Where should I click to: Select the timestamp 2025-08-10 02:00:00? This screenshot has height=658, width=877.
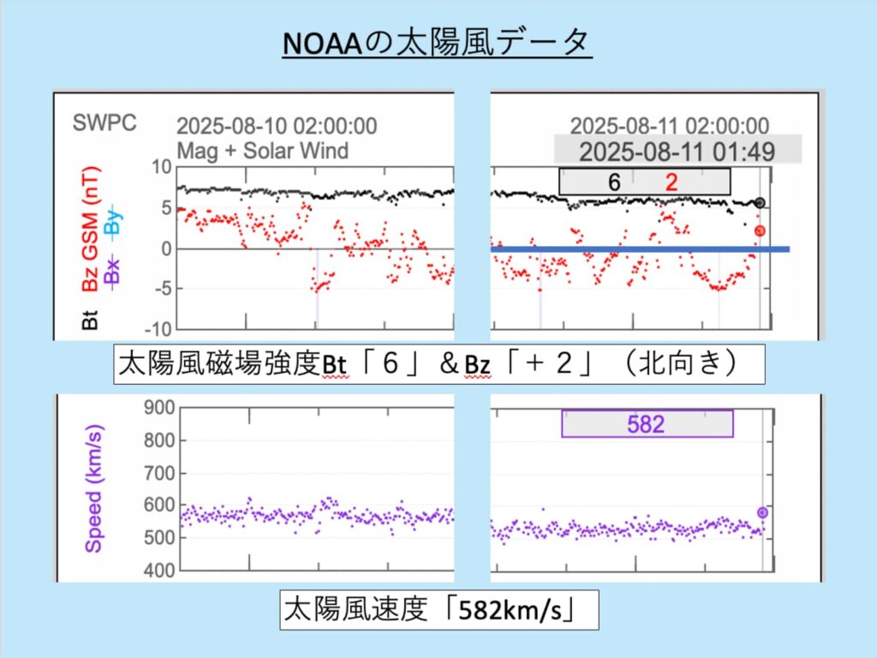click(276, 127)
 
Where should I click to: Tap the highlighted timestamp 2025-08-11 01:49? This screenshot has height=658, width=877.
click(677, 152)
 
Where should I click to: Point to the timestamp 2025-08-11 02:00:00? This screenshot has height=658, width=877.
click(669, 127)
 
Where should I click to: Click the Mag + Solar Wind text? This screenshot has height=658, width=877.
click(262, 151)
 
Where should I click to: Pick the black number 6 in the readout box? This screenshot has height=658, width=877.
click(614, 182)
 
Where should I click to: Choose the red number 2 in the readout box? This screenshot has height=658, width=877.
click(671, 182)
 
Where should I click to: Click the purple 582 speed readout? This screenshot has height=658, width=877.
click(647, 424)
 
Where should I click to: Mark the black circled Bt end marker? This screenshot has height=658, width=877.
click(761, 203)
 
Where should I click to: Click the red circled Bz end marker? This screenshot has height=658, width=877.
click(760, 230)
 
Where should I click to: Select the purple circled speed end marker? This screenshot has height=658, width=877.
click(762, 512)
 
